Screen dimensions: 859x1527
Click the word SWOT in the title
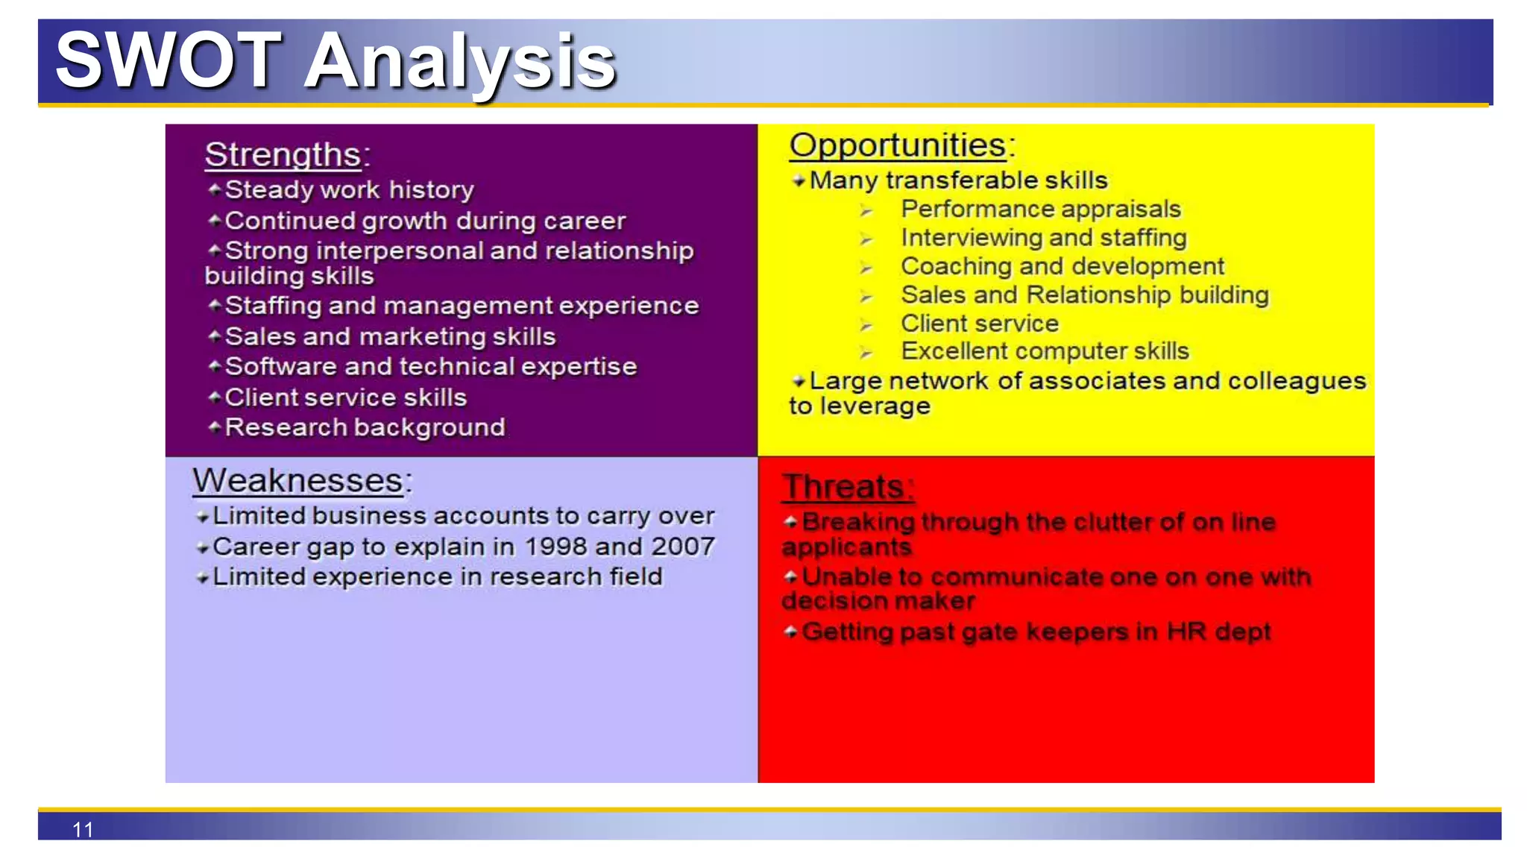[168, 61]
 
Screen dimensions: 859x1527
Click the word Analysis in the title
[460, 63]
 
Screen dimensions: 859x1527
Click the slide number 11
[83, 829]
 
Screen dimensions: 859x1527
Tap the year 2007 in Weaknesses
[683, 547]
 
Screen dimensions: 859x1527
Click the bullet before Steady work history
[214, 189]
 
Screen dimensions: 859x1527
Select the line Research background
[365, 427]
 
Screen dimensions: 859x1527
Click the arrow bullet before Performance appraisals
[866, 211]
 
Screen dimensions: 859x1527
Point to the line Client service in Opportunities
[979, 324]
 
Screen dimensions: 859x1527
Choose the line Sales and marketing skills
[390, 336]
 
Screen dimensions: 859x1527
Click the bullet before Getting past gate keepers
[790, 632]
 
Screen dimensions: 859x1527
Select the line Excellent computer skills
[1044, 351]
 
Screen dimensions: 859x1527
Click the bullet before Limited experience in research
[202, 578]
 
